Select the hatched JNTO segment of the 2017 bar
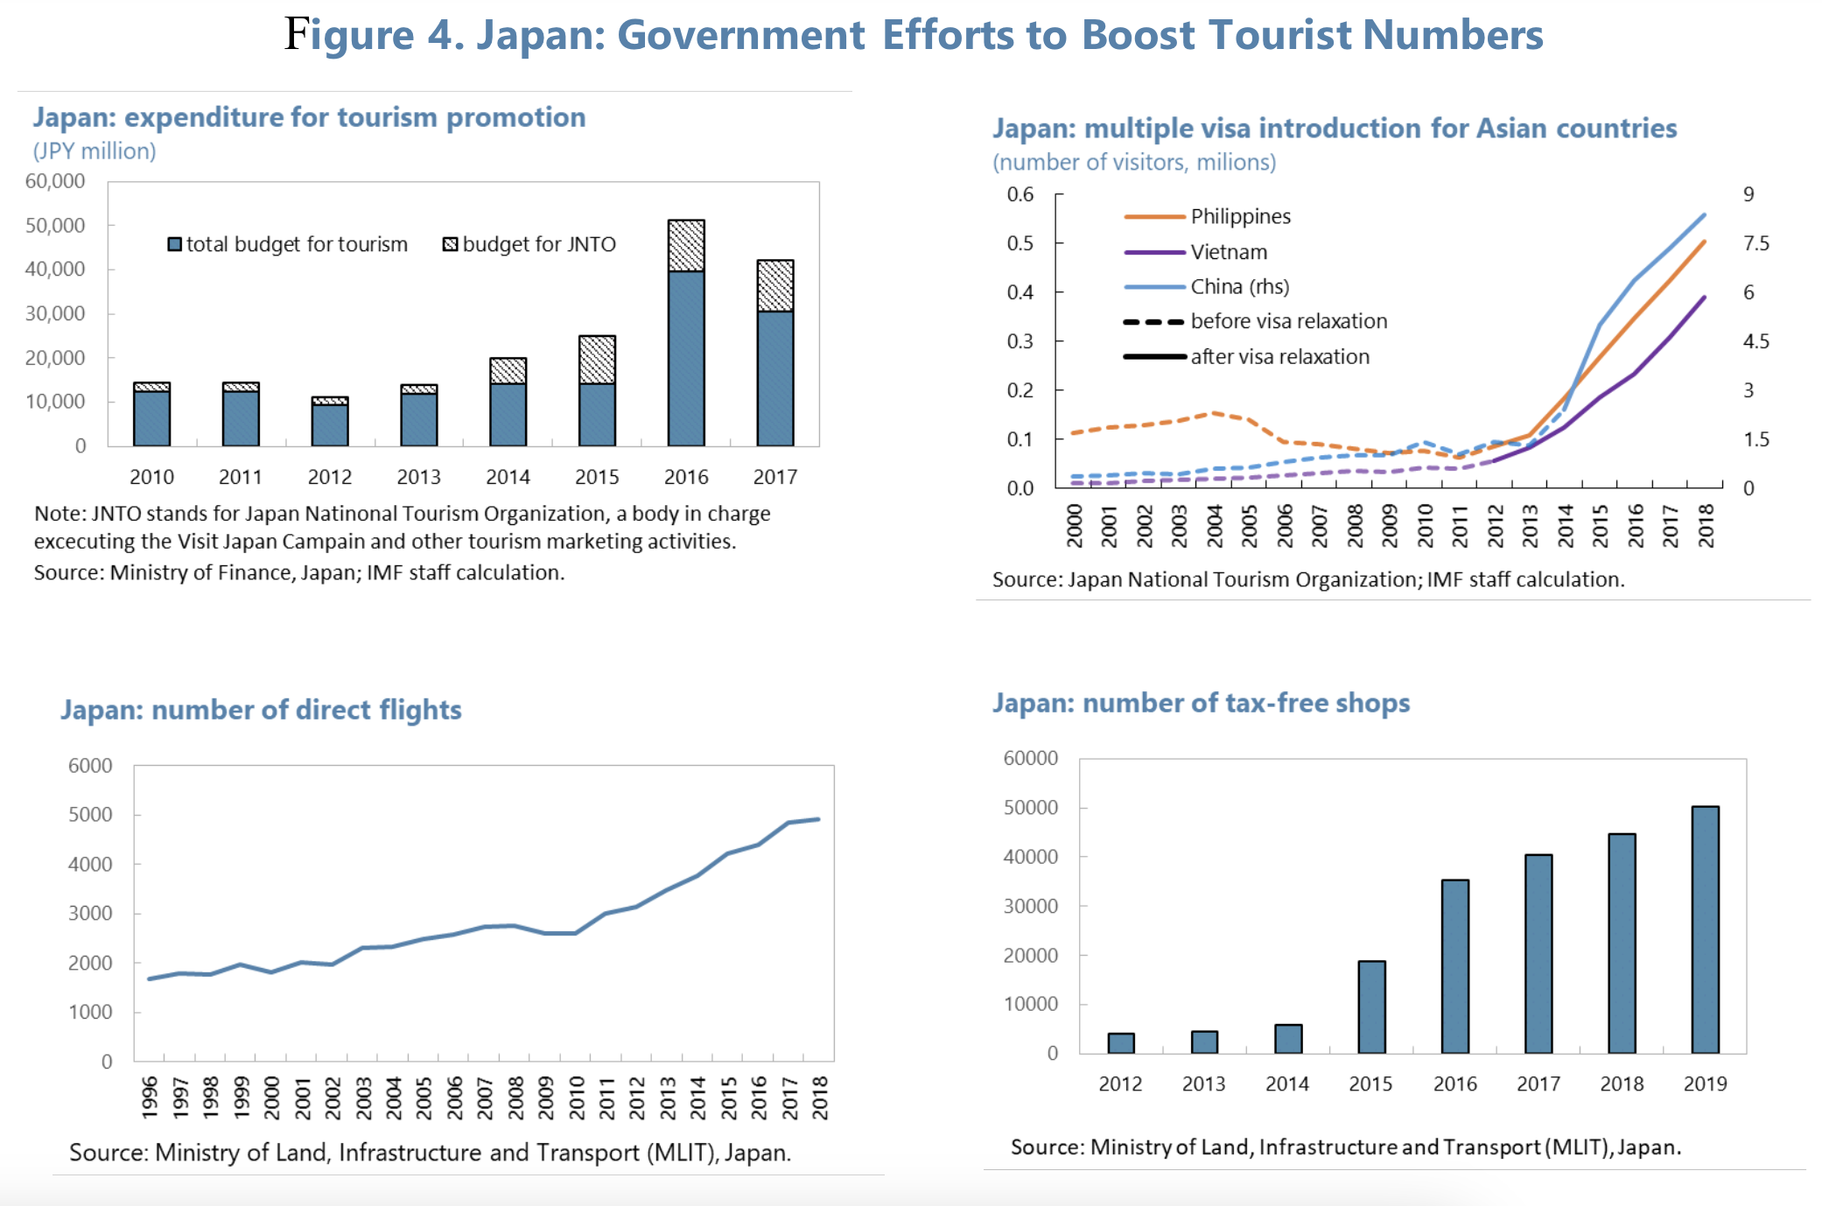click(774, 285)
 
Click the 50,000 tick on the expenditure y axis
click(55, 225)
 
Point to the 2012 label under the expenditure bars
click(329, 477)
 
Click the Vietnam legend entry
click(1228, 252)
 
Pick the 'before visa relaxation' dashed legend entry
click(1287, 321)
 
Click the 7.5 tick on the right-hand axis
click(1755, 243)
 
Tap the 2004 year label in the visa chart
click(1215, 525)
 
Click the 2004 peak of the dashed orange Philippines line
click(1213, 413)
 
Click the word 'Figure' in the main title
click(348, 35)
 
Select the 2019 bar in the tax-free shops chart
click(1704, 929)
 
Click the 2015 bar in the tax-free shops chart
click(1370, 1006)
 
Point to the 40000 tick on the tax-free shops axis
click(1030, 857)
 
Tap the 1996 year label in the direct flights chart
click(150, 1097)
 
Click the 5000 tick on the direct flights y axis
click(90, 815)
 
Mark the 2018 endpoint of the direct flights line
click(818, 819)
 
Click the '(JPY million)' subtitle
click(95, 151)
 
